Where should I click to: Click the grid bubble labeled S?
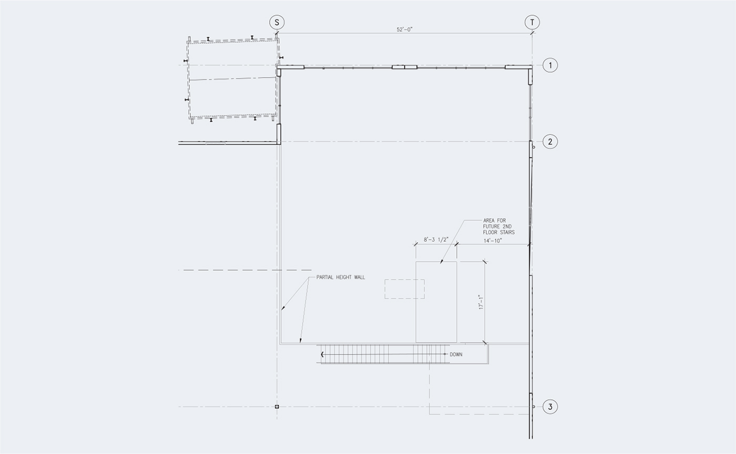coord(277,23)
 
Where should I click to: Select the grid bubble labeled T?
coord(532,23)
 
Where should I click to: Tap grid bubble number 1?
coord(550,65)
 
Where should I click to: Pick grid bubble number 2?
coord(550,142)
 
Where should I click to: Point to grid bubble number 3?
coord(550,407)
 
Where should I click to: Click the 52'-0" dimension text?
coord(404,29)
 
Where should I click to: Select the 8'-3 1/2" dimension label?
coord(436,240)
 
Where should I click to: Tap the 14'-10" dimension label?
coord(493,241)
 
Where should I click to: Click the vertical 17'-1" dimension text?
coord(482,302)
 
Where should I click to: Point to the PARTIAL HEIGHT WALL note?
coord(341,277)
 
